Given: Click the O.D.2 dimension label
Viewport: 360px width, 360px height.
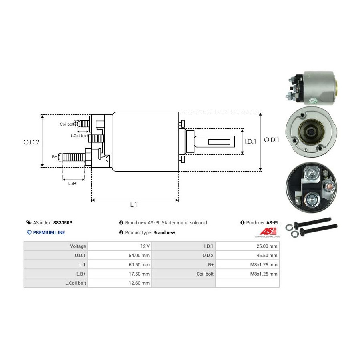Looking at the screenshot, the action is [x=31, y=142].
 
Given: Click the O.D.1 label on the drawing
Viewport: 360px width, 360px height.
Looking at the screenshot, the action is [x=271, y=140].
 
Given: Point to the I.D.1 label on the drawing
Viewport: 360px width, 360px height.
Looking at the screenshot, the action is [x=250, y=141].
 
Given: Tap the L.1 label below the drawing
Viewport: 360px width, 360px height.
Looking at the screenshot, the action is [x=134, y=204].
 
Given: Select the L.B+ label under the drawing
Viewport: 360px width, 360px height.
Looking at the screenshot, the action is [x=72, y=184].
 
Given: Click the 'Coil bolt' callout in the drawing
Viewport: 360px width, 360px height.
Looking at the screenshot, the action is [x=67, y=124].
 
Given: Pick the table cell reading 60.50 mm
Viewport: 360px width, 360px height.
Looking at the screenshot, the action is [x=120, y=264].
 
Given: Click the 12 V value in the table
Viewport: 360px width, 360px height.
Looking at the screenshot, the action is [x=120, y=246].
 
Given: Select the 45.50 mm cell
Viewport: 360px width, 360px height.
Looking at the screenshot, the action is [x=248, y=255].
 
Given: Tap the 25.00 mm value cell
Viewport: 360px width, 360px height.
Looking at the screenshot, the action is [x=248, y=246].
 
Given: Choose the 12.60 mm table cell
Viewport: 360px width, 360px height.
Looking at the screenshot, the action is [x=120, y=283].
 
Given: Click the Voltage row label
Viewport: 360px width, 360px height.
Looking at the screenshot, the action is [x=78, y=246].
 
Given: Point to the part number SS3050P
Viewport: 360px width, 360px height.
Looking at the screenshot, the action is [x=63, y=223].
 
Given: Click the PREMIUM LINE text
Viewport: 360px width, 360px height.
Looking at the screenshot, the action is [x=49, y=232].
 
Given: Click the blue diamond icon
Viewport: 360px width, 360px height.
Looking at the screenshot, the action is [x=29, y=232].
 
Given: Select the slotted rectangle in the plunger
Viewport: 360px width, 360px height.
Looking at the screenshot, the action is [x=219, y=142].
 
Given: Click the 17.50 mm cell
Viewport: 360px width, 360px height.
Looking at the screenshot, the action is [x=120, y=274].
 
